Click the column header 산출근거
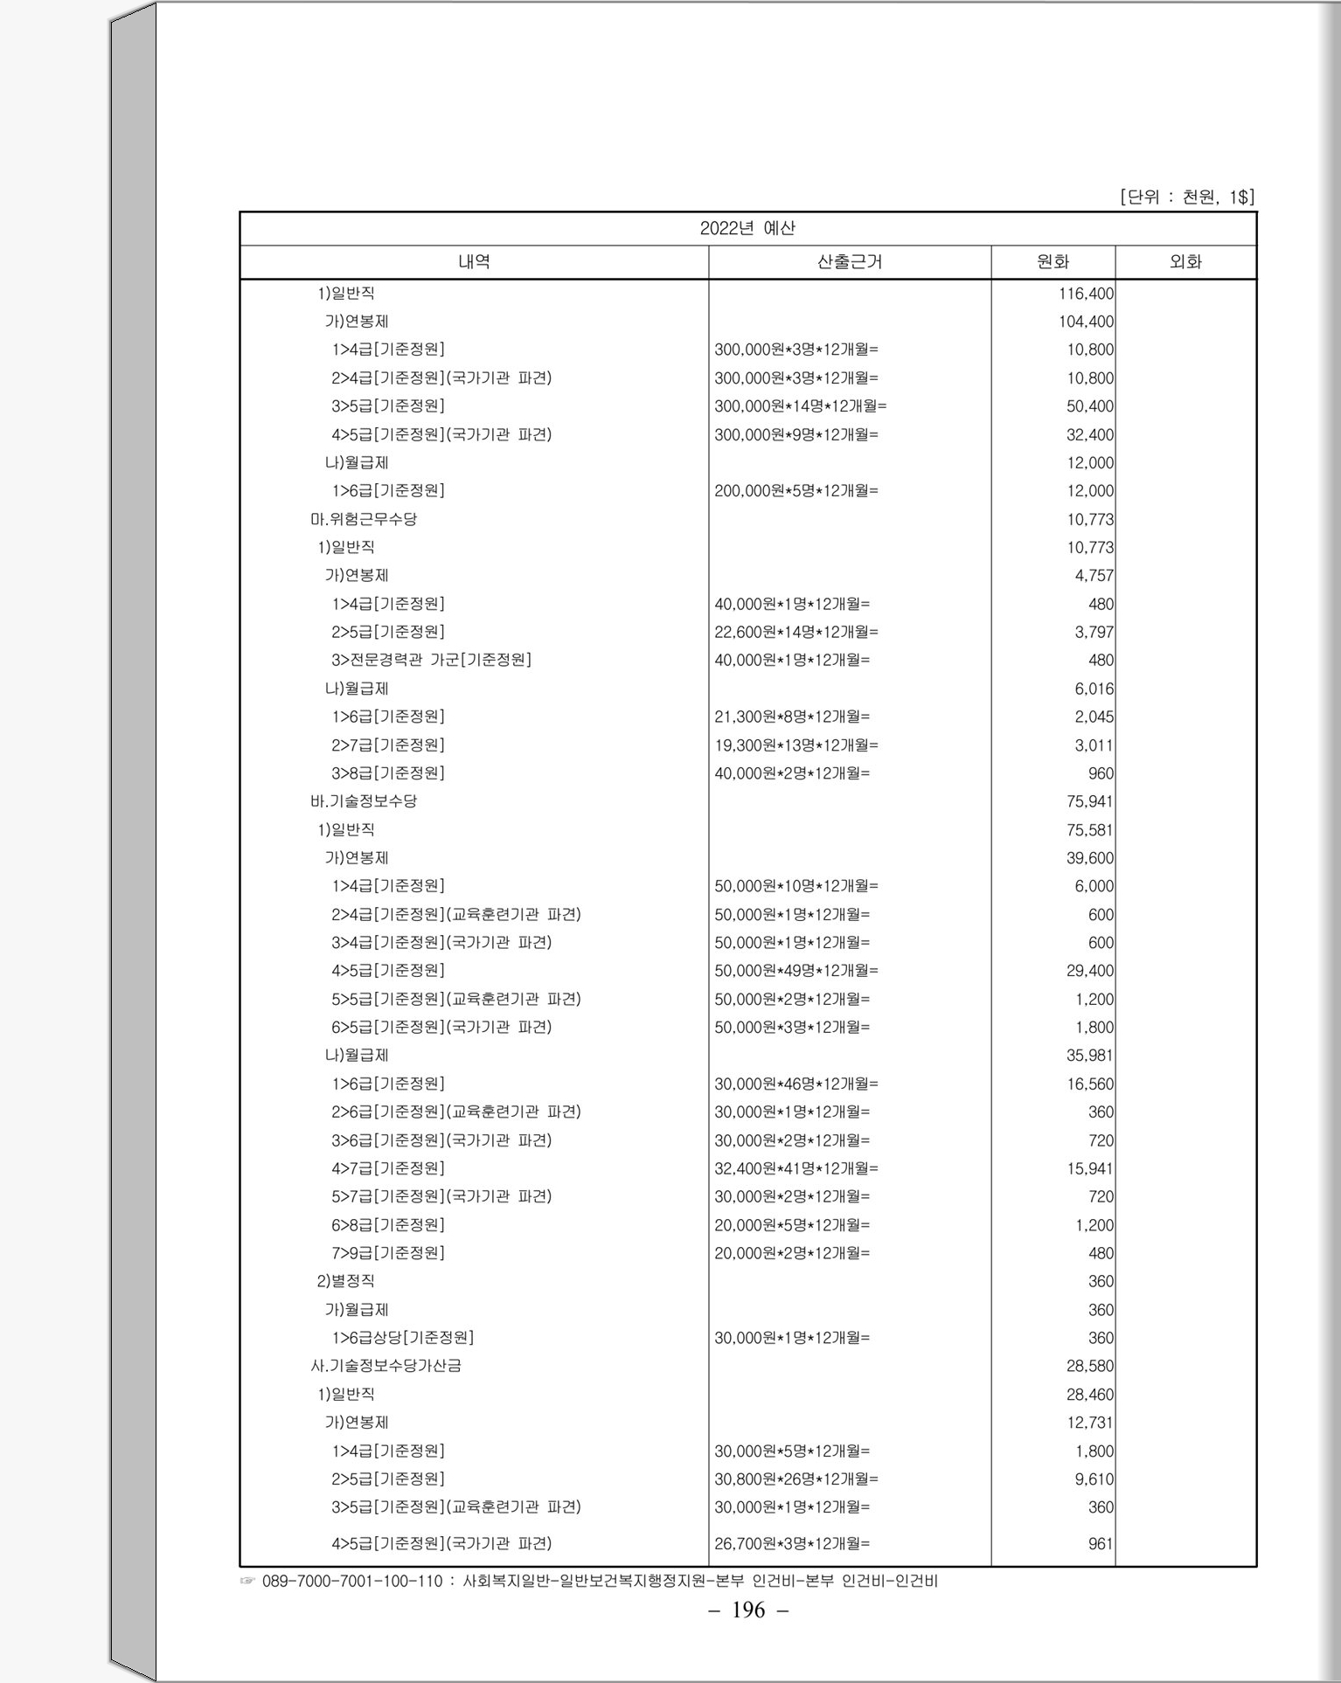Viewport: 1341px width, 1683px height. click(849, 261)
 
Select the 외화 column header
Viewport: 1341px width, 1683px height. click(1185, 261)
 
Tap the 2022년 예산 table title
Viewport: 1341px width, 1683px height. click(747, 228)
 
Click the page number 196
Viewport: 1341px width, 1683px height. click(748, 1610)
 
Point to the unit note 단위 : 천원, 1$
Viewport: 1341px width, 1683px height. click(1186, 197)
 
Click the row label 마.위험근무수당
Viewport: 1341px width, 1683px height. click(364, 519)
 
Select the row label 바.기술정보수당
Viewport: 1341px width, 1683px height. click(364, 801)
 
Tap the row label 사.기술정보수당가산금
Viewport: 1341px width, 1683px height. click(386, 1366)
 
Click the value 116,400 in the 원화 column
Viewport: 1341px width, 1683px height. click(1086, 294)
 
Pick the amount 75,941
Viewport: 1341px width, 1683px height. click(1089, 801)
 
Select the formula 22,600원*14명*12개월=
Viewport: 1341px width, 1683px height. click(796, 632)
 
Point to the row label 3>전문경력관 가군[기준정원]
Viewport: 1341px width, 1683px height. click(431, 660)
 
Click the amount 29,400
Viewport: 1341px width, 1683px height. click(1089, 971)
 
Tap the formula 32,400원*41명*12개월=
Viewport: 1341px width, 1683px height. click(796, 1168)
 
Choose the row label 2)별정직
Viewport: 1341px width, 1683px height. click(345, 1281)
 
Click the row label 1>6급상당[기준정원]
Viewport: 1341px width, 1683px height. click(402, 1338)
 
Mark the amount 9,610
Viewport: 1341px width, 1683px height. click(1094, 1479)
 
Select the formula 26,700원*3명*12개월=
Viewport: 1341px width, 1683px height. click(791, 1544)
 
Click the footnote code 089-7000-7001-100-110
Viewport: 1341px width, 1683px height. click(352, 1581)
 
